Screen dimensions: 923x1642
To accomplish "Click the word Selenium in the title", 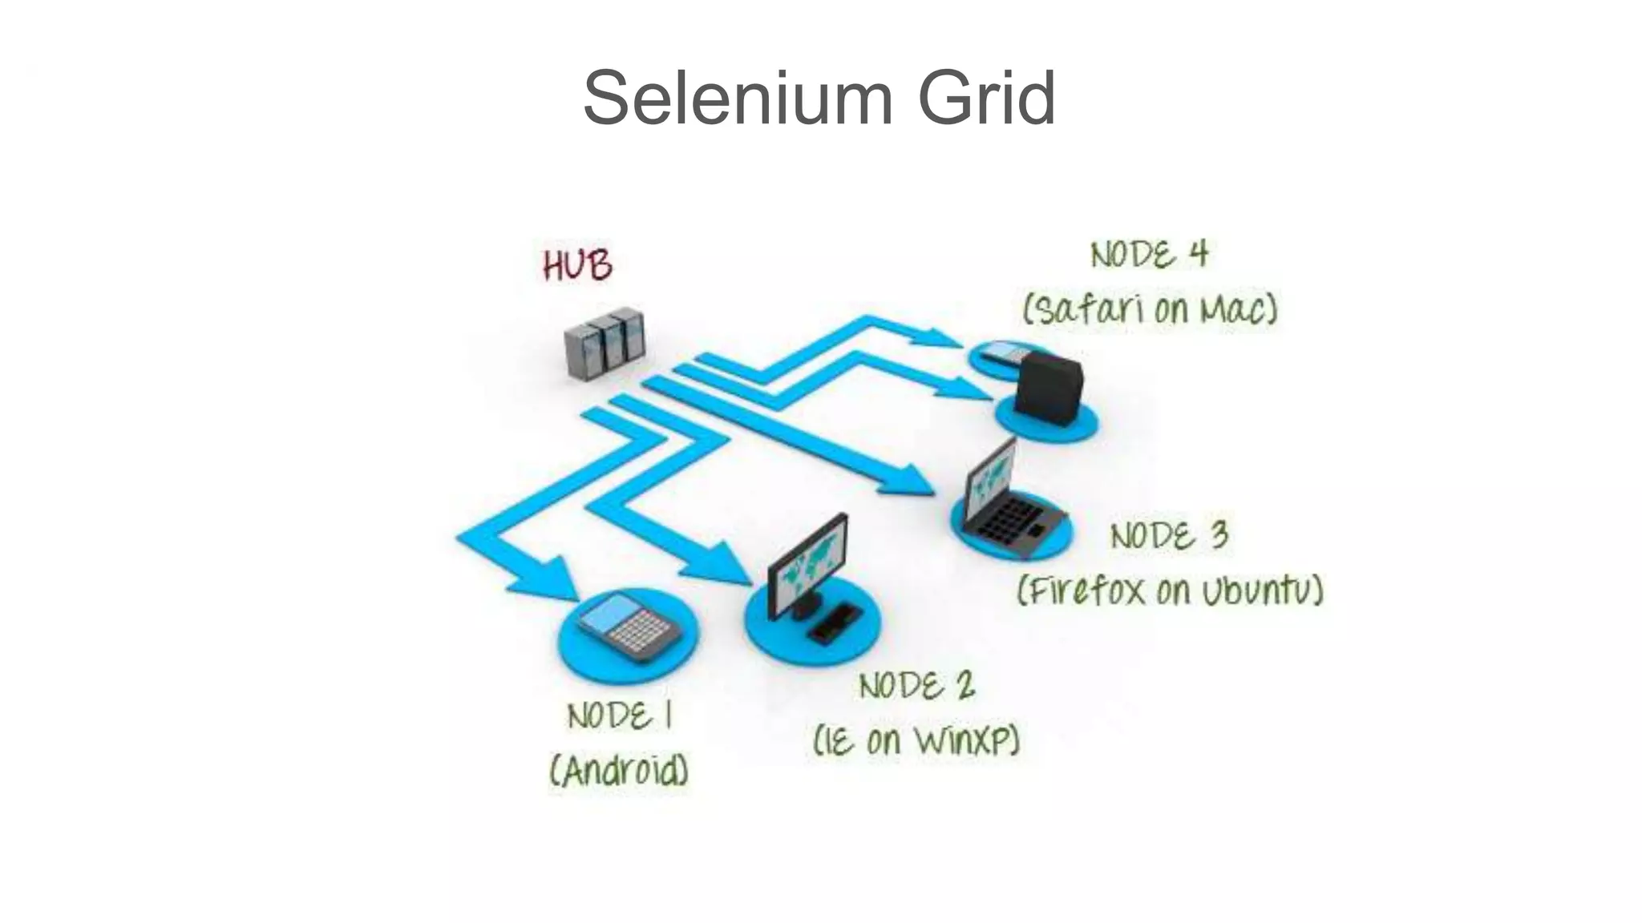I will click(x=737, y=99).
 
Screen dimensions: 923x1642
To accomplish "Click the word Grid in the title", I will click(x=986, y=99).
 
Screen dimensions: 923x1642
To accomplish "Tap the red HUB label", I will click(x=577, y=265).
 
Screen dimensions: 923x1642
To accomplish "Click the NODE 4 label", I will click(x=1148, y=255).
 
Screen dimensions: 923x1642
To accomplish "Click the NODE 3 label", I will click(x=1168, y=535).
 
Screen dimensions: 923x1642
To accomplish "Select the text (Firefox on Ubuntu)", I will click(x=1170, y=591).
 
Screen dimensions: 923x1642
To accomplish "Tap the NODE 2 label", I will click(x=916, y=686).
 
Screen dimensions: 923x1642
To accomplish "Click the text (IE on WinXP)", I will click(x=916, y=740).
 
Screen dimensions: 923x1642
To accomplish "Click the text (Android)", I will click(x=619, y=772).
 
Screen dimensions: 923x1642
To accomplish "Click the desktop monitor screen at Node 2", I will click(x=807, y=563).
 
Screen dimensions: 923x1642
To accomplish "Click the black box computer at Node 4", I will click(x=1048, y=389).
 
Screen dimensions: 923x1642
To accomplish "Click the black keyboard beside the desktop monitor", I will click(x=835, y=623).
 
